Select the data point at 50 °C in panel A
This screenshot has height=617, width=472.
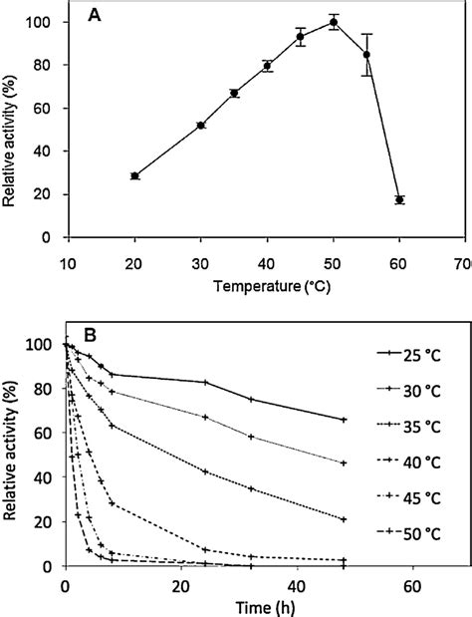tap(334, 22)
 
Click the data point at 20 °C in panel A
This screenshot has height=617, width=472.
tap(134, 175)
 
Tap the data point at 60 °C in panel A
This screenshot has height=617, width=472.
tap(399, 199)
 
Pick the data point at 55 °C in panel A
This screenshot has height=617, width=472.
tap(366, 55)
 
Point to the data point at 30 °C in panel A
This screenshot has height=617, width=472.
tap(200, 125)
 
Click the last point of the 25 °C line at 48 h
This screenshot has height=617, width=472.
tap(344, 420)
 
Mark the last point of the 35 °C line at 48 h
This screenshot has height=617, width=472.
tap(344, 519)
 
